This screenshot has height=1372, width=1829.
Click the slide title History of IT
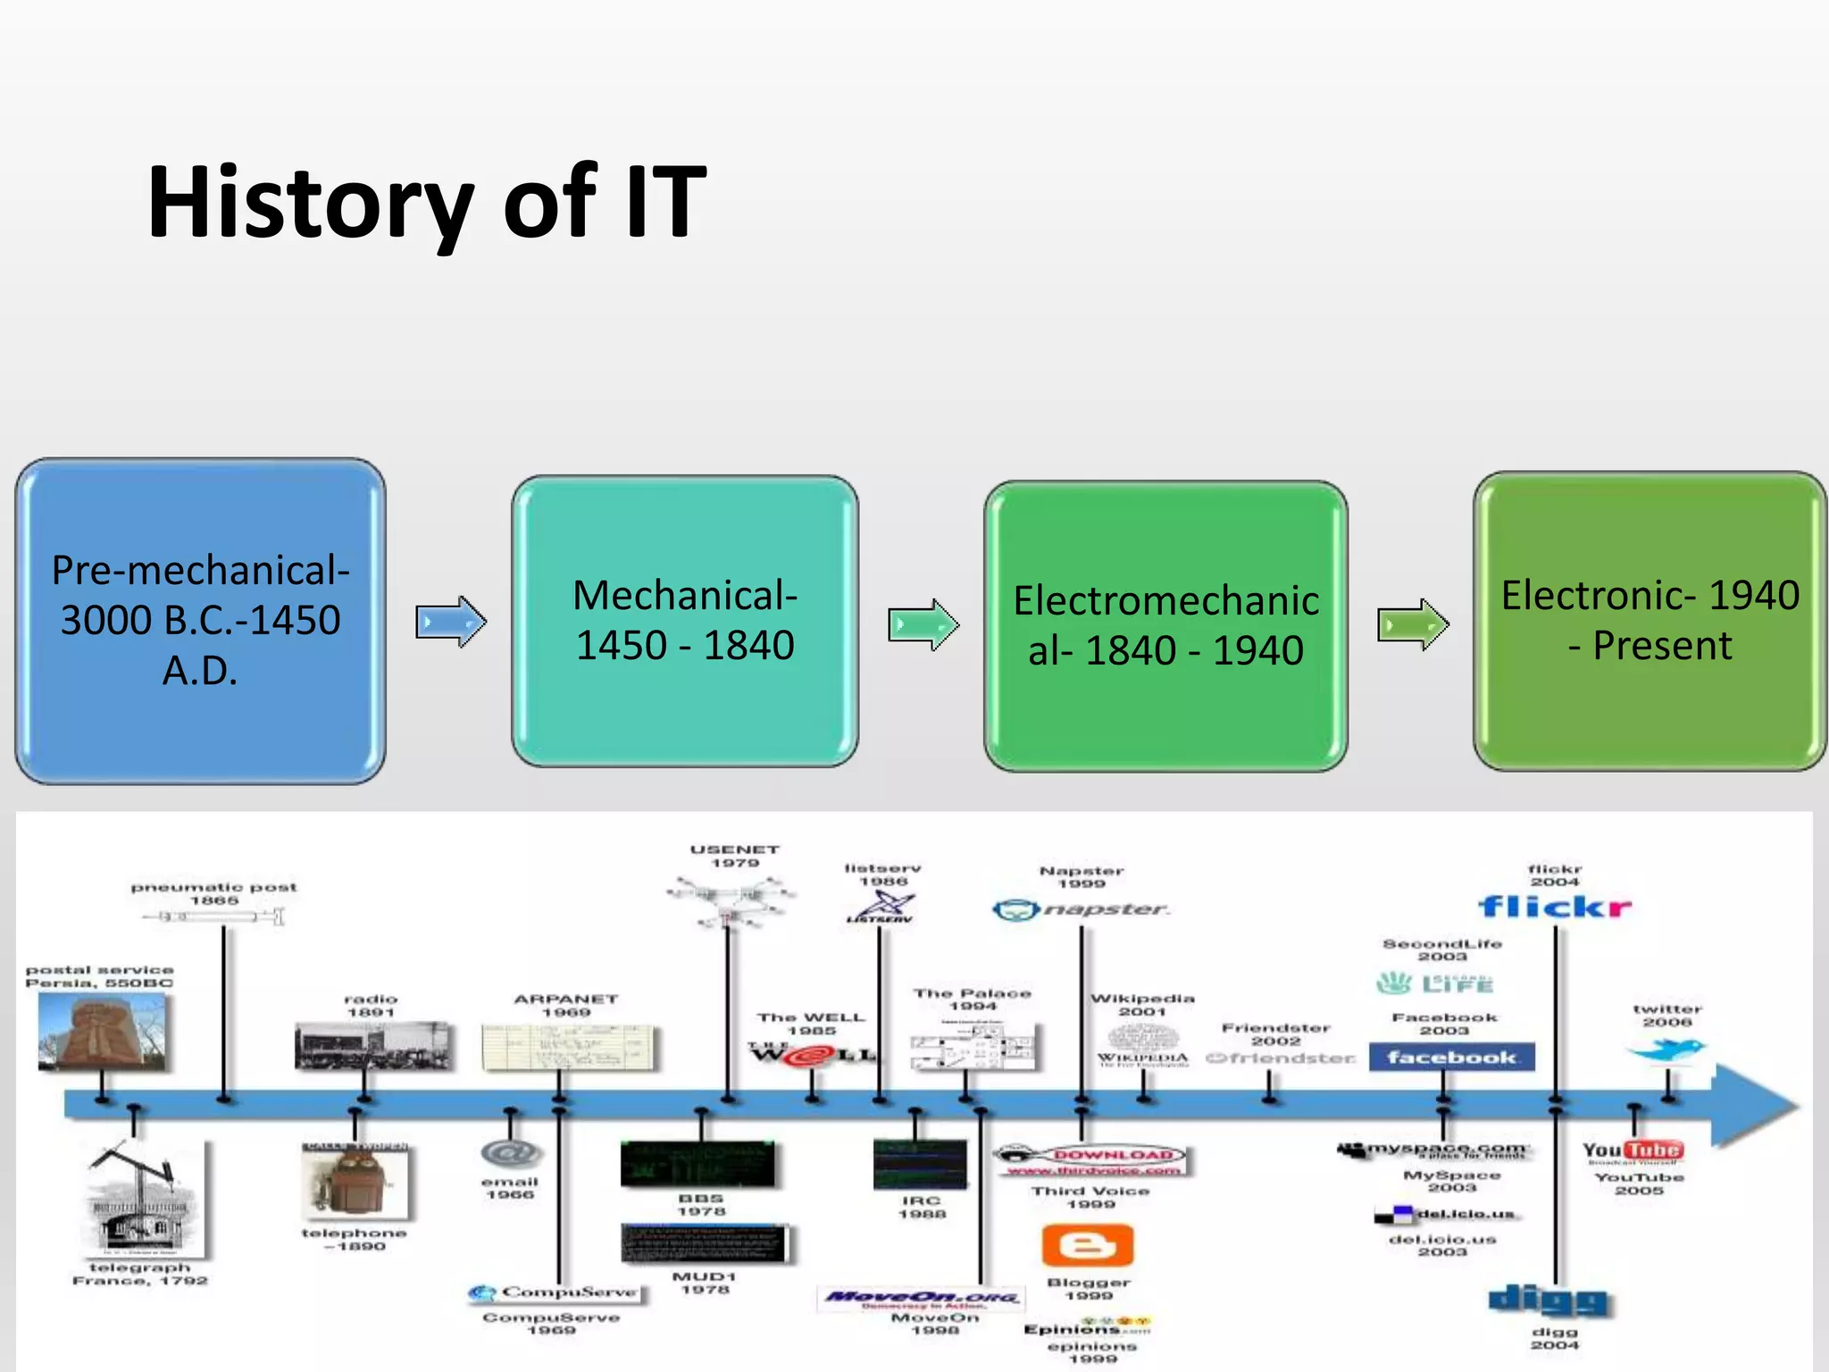[x=427, y=204]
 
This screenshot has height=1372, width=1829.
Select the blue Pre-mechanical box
[x=200, y=621]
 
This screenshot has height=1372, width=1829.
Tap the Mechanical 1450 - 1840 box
[x=685, y=621]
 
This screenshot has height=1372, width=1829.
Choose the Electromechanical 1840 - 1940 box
[x=1165, y=625]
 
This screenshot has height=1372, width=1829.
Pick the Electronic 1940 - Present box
[x=1649, y=621]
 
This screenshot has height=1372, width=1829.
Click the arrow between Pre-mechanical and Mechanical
[x=451, y=622]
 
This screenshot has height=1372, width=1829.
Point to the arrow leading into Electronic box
[x=1413, y=624]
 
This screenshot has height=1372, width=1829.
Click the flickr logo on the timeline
[x=1554, y=908]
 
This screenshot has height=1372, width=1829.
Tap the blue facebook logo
[x=1451, y=1058]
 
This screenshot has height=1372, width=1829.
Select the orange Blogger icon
[x=1087, y=1245]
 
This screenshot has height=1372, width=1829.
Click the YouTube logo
[x=1633, y=1150]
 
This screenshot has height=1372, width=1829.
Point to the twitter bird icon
[x=1666, y=1050]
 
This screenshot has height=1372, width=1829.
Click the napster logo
[x=1081, y=909]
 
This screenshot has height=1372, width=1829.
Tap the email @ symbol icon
[x=510, y=1153]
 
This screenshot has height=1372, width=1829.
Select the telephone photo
[x=355, y=1183]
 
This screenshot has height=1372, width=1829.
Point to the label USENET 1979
[x=735, y=856]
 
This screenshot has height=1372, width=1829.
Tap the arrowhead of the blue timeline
[x=1755, y=1106]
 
